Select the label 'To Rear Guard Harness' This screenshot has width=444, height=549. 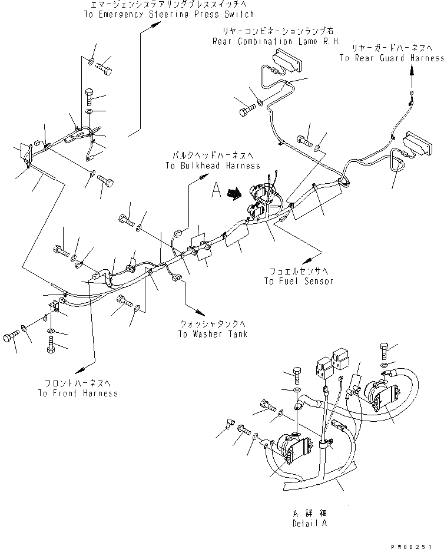(392, 58)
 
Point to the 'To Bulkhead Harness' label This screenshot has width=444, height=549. (213, 166)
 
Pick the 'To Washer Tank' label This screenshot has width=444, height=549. (213, 334)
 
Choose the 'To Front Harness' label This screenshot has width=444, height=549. (78, 393)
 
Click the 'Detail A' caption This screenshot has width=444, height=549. (309, 523)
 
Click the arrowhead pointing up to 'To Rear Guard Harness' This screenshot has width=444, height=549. (412, 70)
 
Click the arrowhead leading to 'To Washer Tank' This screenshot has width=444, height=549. (207, 310)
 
